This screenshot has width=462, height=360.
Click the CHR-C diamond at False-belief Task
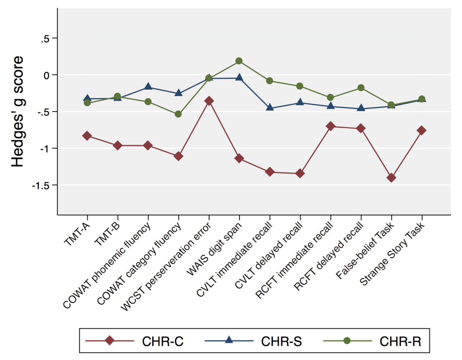(x=391, y=178)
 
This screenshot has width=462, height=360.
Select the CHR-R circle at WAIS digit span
(x=239, y=61)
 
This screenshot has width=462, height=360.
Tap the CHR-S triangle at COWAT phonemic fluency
(x=148, y=86)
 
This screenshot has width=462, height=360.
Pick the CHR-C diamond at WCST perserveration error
(x=209, y=101)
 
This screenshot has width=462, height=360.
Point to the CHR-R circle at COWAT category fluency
(x=178, y=114)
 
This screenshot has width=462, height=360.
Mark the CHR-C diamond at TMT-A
(x=87, y=136)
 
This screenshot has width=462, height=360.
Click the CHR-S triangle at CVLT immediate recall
(x=270, y=107)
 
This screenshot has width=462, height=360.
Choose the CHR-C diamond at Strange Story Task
(x=422, y=130)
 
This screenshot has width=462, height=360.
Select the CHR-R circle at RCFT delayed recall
(x=361, y=87)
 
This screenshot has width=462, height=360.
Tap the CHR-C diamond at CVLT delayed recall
(x=300, y=173)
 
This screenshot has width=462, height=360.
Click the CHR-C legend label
(x=163, y=342)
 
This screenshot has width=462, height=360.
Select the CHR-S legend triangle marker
(x=229, y=340)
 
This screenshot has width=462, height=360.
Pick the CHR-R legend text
(x=400, y=342)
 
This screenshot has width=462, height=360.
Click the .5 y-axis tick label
(x=45, y=39)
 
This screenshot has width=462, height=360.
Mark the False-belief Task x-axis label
(x=365, y=251)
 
